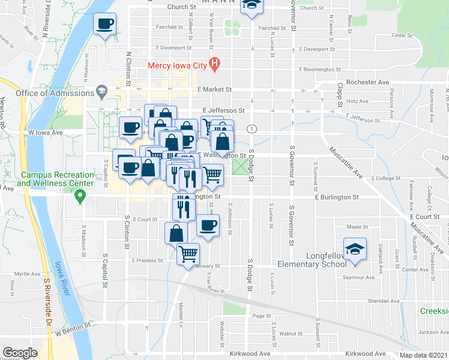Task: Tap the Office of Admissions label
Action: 52,93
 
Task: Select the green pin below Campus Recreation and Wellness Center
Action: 79,196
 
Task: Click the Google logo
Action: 20,352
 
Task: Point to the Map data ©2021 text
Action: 423,355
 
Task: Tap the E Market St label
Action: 215,89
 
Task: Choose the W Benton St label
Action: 73,327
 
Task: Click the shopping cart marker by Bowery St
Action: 188,254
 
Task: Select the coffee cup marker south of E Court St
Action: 208,226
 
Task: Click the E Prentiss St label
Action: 147,260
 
